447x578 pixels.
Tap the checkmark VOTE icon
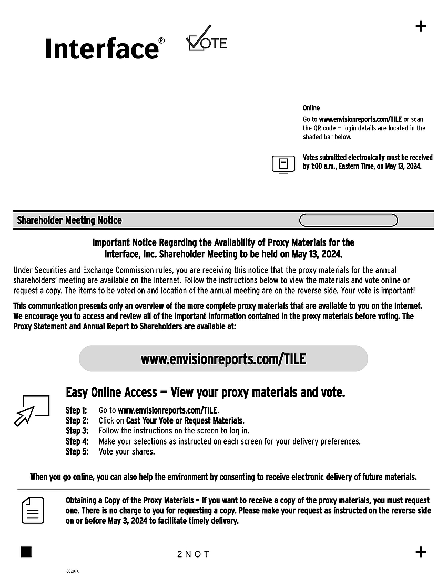pos(207,39)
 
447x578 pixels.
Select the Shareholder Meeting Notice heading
pos(69,221)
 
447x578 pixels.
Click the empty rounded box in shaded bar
pos(348,221)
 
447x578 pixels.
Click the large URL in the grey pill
pos(223,359)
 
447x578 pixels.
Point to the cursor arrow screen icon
pos(32,410)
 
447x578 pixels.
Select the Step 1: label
pos(76,410)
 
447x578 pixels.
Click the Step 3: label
pos(76,431)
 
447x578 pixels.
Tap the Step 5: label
pos(77,452)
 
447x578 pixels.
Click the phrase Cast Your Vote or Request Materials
pos(185,421)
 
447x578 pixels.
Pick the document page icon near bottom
pos(33,510)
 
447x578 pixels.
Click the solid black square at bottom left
pos(26,551)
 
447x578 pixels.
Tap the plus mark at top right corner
pos(421,26)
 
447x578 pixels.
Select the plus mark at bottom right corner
pos(421,552)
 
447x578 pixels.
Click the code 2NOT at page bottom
pos(194,554)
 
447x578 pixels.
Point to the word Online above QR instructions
pos(311,108)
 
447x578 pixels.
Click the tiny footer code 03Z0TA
pos(73,571)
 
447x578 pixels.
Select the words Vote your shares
pos(127,452)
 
